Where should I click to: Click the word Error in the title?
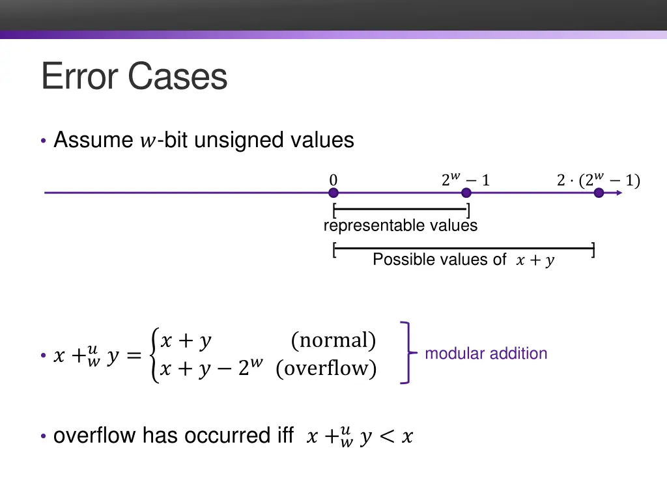81,76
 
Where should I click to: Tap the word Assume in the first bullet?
93,140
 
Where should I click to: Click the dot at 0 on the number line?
333,193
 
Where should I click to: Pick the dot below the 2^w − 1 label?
466,193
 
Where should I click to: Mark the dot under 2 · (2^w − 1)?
599,193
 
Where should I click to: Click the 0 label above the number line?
333,180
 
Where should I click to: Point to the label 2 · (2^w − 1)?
598,180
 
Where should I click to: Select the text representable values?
400,226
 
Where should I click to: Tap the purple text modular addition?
486,354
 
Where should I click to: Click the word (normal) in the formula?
333,340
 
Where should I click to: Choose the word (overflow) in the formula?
326,368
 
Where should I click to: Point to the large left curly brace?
154,355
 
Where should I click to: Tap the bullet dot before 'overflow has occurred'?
43,436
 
